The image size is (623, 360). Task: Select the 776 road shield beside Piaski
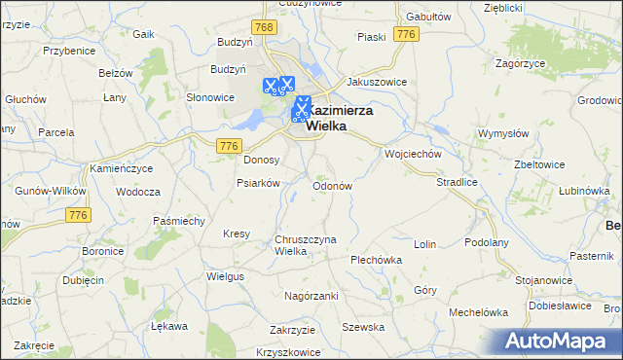coord(407,35)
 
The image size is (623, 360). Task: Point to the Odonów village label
coord(331,185)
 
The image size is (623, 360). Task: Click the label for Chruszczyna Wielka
coord(305,245)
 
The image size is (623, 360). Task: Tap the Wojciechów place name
coord(414,155)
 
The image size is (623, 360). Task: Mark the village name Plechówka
coord(376,260)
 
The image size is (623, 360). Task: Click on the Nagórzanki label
coord(311,295)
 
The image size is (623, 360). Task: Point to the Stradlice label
coord(456,181)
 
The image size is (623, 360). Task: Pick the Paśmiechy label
coord(178,222)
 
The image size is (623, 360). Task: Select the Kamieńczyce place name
coord(122,169)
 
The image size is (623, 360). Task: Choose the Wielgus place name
coord(225,276)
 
